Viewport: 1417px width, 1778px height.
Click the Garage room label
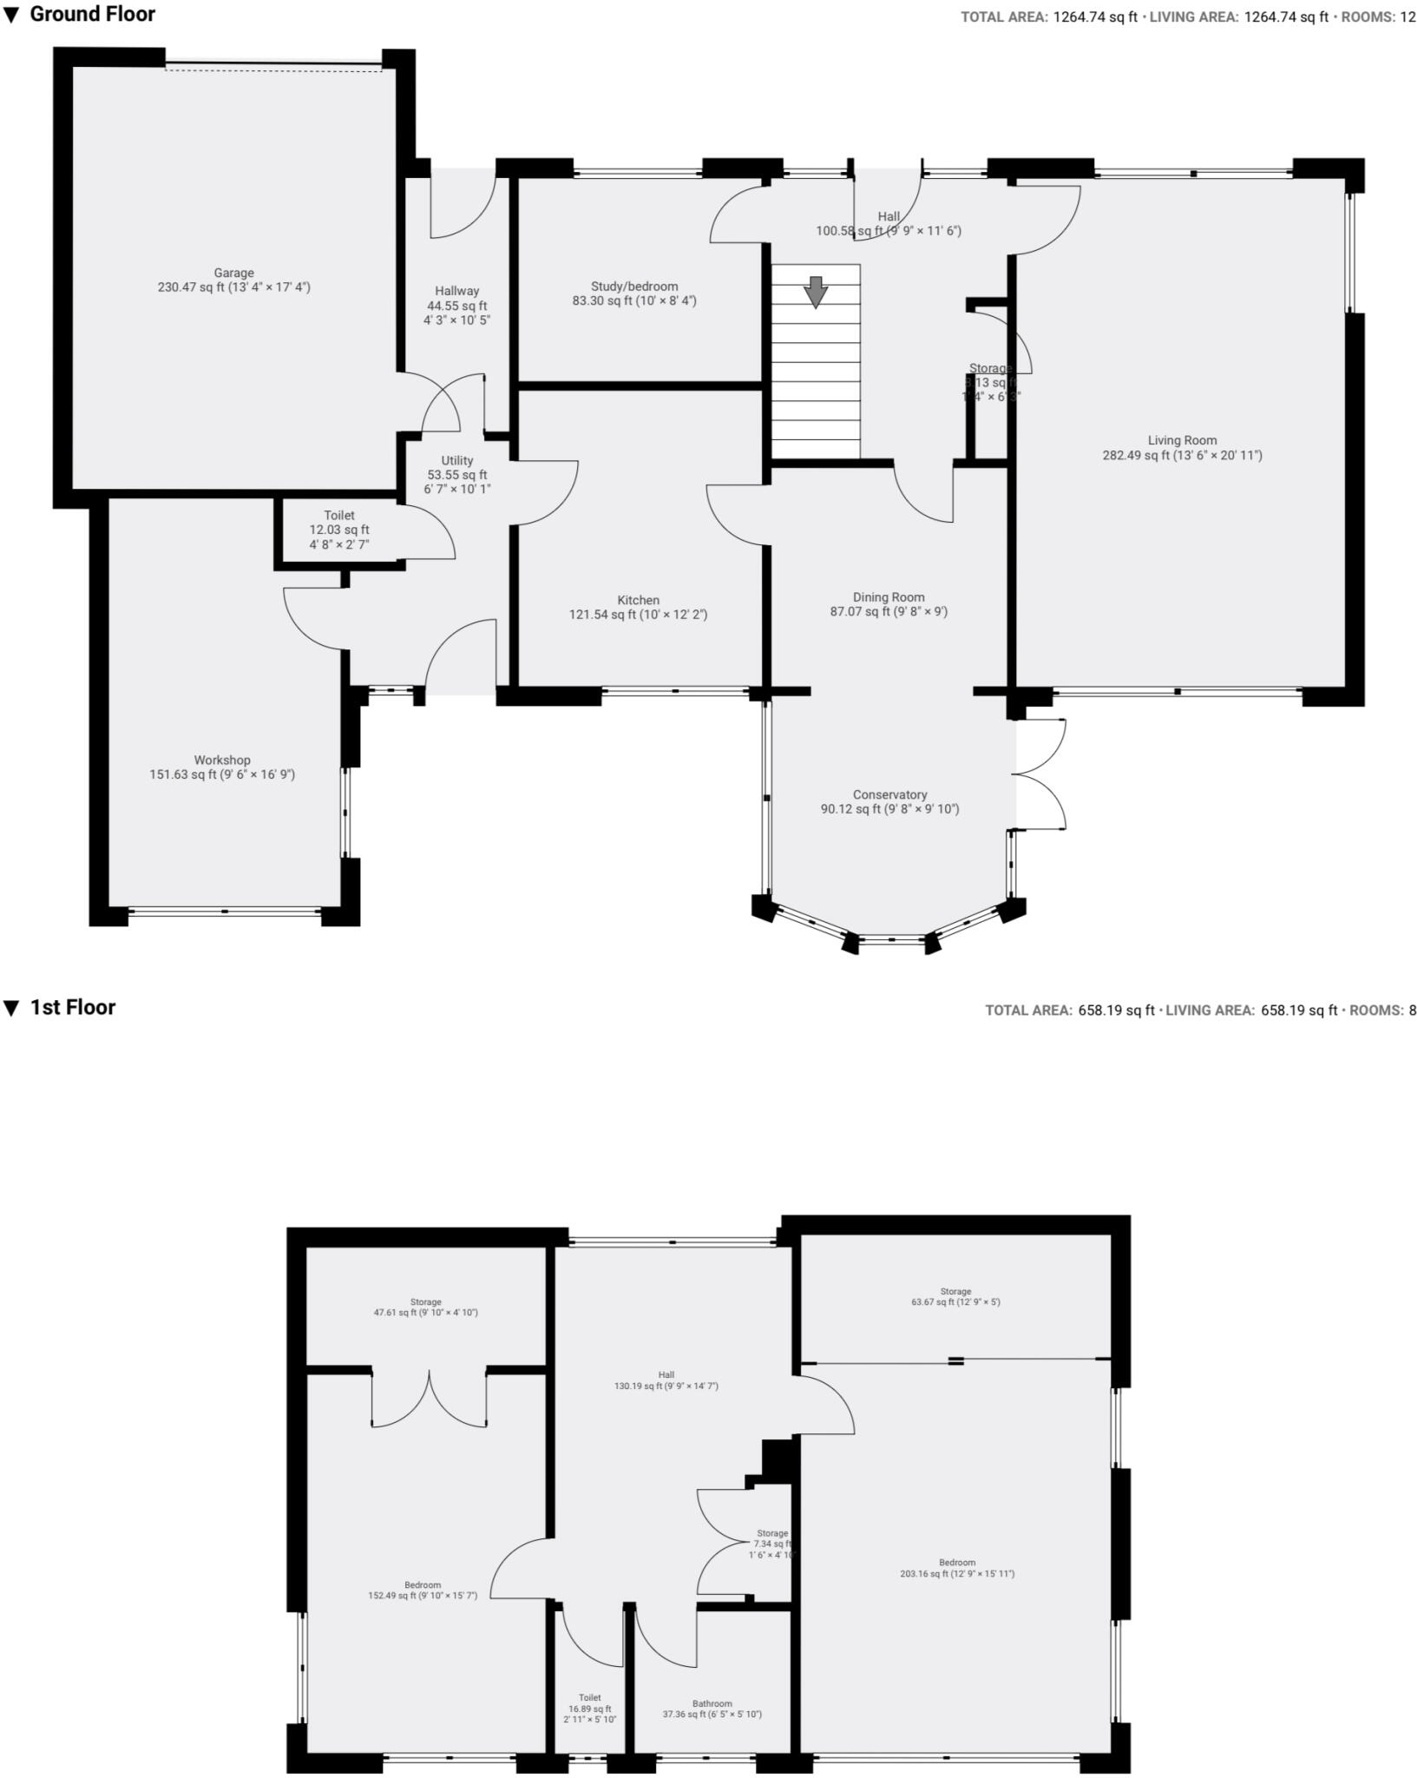pos(233,273)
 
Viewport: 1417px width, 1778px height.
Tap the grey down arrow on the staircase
pos(815,292)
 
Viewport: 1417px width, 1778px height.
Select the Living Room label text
pos(1182,440)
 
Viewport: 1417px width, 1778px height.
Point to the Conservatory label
pos(889,794)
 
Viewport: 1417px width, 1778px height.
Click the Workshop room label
pos(222,760)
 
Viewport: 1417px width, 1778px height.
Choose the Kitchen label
pos(638,600)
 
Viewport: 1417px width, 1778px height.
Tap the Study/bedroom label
pos(634,286)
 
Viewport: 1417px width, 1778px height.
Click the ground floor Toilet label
pos(339,516)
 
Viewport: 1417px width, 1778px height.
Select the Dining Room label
pos(889,597)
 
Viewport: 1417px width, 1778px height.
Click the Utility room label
pos(457,460)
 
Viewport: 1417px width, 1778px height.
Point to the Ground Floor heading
pos(92,14)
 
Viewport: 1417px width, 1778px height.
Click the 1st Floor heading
pos(73,1007)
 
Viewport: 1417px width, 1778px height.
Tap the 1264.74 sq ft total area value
pos(1095,17)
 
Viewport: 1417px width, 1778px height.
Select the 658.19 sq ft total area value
pos(1116,1011)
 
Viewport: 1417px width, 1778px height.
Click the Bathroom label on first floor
pos(712,1703)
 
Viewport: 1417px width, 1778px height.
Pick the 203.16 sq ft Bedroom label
pos(957,1563)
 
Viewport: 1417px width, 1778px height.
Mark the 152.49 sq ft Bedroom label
pos(423,1585)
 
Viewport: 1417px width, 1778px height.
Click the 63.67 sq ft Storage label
pos(955,1292)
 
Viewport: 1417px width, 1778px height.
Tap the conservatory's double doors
pos(1040,774)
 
